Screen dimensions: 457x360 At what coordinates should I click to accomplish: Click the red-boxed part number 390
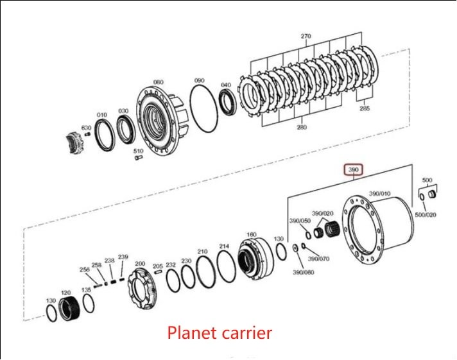tap(353, 169)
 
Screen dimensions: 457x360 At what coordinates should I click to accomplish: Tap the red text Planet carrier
tap(220, 332)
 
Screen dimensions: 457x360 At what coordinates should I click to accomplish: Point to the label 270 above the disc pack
tap(306, 36)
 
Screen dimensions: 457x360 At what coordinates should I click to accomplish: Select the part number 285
tap(365, 108)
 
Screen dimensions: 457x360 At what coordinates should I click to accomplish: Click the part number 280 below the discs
tap(302, 127)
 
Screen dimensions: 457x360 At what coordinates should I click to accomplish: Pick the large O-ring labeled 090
tap(203, 108)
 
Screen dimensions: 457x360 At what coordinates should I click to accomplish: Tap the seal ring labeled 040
tap(228, 102)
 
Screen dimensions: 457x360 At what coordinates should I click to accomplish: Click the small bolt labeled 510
tap(139, 158)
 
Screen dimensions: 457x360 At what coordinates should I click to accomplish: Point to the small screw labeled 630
tap(87, 134)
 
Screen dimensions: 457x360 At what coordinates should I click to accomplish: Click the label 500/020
tap(426, 215)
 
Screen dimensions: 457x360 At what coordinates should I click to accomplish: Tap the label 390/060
tap(304, 272)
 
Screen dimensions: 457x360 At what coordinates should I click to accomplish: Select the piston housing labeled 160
tap(255, 258)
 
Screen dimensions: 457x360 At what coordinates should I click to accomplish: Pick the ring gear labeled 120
tap(69, 309)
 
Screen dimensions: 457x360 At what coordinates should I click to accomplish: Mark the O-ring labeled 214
tap(226, 266)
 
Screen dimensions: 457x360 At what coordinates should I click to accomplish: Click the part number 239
tap(123, 257)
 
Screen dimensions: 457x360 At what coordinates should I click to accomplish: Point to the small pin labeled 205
tap(159, 272)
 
